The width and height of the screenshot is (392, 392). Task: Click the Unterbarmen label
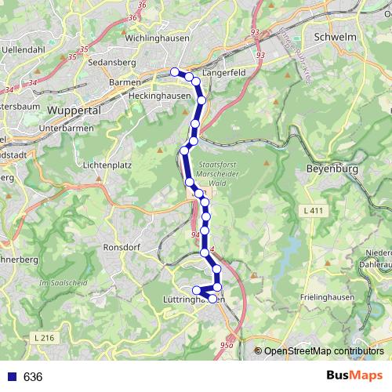pos(71,129)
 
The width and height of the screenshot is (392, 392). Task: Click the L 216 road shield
pos(46,337)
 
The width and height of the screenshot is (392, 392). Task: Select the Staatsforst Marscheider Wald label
pos(219,173)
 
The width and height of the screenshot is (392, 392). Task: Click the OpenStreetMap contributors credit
pos(324,350)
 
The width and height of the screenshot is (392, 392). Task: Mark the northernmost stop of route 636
pos(175,71)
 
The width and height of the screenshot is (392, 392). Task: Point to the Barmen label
pos(125,82)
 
